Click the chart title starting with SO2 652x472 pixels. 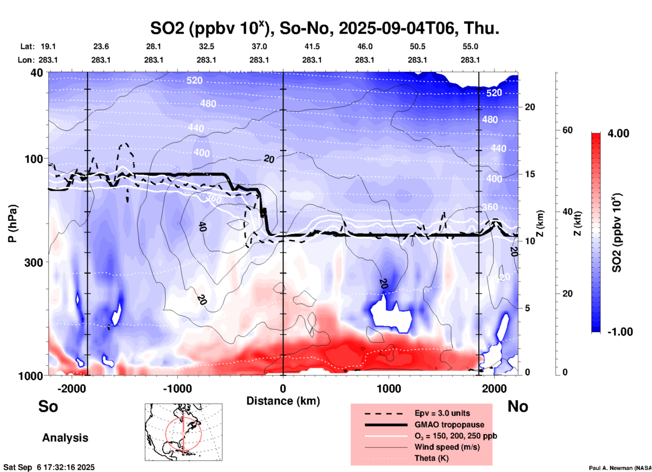pyautogui.click(x=324, y=28)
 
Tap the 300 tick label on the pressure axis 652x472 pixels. pyautogui.click(x=34, y=262)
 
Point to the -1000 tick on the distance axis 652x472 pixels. pyautogui.click(x=177, y=388)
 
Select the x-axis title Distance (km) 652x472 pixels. pyautogui.click(x=283, y=401)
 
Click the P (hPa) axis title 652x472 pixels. pyautogui.click(x=13, y=223)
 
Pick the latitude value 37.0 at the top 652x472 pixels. pyautogui.click(x=259, y=46)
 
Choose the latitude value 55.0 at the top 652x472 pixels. pyautogui.click(x=470, y=46)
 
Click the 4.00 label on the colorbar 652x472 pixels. pyautogui.click(x=618, y=133)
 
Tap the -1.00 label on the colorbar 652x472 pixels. pyautogui.click(x=620, y=332)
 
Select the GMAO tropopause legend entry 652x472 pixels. pyautogui.click(x=449, y=425)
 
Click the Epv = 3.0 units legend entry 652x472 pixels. pyautogui.click(x=442, y=413)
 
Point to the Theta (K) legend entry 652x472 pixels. pyautogui.click(x=431, y=458)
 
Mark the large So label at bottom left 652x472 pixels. pyautogui.click(x=48, y=406)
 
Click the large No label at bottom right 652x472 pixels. pyautogui.click(x=518, y=406)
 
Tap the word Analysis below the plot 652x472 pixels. pyautogui.click(x=65, y=438)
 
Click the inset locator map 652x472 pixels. pyautogui.click(x=183, y=432)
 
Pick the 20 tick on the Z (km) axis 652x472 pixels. pyautogui.click(x=530, y=107)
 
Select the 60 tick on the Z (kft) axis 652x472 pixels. pyautogui.click(x=567, y=130)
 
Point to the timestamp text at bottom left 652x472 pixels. pyautogui.click(x=49, y=467)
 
